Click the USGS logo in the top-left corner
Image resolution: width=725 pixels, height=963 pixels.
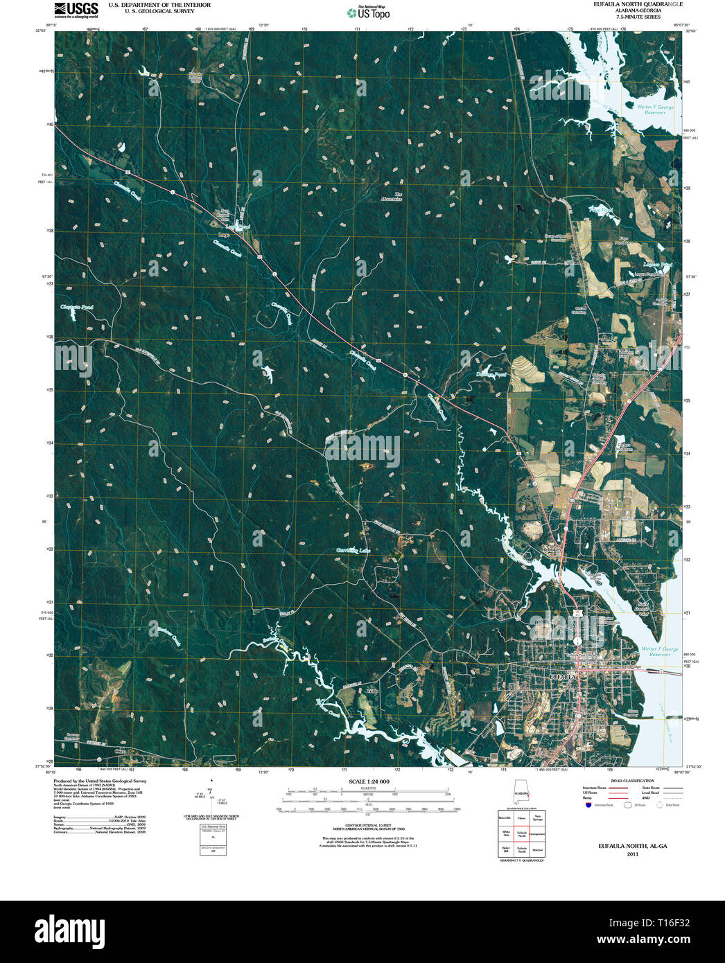point(77,8)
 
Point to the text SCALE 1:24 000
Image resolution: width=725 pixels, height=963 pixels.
point(369,781)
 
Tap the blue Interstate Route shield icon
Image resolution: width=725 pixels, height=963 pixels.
point(588,805)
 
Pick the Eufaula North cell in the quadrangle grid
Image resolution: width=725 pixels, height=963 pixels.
point(521,833)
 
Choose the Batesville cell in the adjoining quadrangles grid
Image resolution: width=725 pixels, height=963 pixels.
point(505,818)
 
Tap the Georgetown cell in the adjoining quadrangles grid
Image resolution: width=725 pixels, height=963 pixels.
point(537,833)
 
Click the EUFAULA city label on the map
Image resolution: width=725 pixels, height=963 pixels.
point(562,675)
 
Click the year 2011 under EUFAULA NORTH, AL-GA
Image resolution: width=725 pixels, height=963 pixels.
point(632,854)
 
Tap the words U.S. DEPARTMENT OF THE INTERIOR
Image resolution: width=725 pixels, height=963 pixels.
point(159,5)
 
